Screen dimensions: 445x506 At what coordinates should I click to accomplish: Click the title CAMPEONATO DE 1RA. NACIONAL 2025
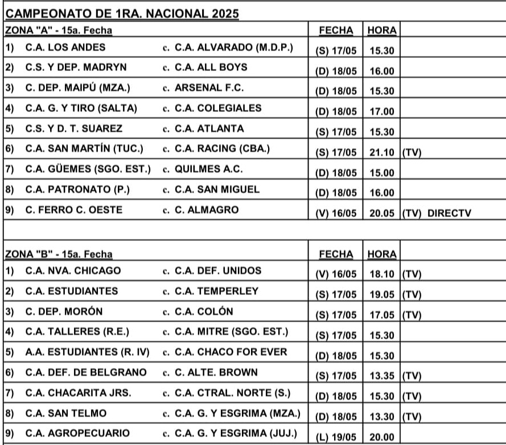pyautogui.click(x=122, y=13)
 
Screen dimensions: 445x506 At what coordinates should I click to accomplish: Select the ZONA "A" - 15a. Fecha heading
pyautogui.click(x=59, y=30)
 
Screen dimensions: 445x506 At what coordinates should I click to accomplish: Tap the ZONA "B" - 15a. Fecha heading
pyautogui.click(x=59, y=253)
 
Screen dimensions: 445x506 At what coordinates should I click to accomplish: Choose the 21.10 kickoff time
pyautogui.click(x=381, y=152)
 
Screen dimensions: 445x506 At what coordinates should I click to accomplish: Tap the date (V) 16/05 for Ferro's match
pyautogui.click(x=336, y=213)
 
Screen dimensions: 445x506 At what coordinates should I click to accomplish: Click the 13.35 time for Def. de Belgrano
pyautogui.click(x=381, y=376)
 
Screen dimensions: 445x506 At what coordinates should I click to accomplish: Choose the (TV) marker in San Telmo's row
pyautogui.click(x=411, y=417)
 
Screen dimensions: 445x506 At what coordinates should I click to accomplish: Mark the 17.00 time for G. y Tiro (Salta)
pyautogui.click(x=381, y=112)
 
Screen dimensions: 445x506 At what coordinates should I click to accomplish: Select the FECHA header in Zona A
pyautogui.click(x=336, y=30)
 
